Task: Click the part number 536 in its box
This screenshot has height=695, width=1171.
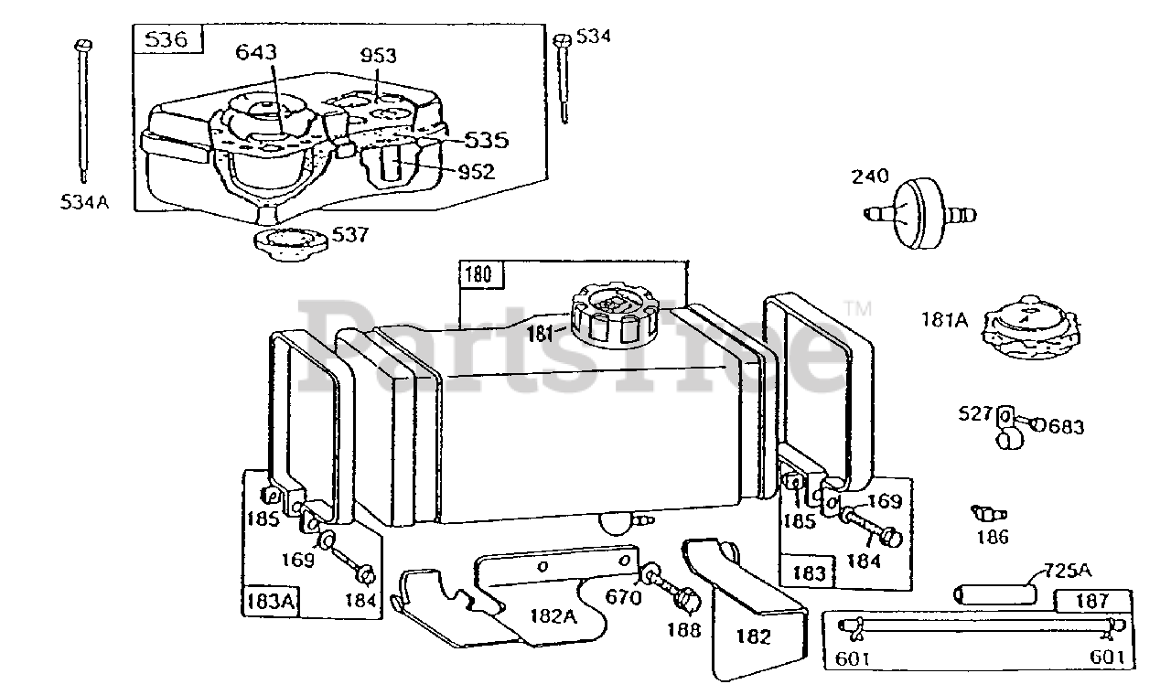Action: (166, 39)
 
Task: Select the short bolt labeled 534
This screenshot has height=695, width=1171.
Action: (563, 79)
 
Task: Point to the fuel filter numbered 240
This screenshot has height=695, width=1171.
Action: (919, 214)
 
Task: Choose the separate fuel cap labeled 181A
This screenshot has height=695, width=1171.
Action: (1031, 327)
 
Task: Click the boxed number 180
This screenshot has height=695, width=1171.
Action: (478, 274)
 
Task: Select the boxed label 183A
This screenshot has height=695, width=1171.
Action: (270, 601)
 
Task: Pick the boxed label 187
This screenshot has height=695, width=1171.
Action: (1092, 601)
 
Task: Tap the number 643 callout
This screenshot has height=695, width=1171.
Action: (256, 52)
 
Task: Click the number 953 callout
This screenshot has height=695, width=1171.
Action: (379, 56)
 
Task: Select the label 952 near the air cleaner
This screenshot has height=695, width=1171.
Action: (477, 172)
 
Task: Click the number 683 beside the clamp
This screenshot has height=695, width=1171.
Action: (1067, 427)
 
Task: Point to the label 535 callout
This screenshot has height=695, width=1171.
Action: (486, 141)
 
